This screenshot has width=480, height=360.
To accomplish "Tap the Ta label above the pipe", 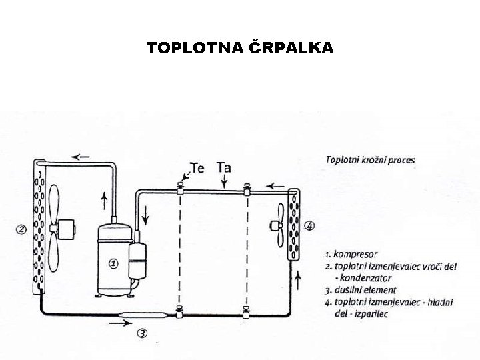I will (x=224, y=167).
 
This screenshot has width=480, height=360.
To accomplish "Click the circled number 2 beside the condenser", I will (x=21, y=230).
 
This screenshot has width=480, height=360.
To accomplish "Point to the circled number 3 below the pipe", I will (x=142, y=333).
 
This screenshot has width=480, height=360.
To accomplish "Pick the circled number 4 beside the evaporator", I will (x=310, y=225).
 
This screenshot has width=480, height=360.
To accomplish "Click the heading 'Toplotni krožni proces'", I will (x=369, y=160).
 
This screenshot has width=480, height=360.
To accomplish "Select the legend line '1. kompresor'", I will (x=351, y=254).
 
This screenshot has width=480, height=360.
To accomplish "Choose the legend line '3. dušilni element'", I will (x=361, y=290).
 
